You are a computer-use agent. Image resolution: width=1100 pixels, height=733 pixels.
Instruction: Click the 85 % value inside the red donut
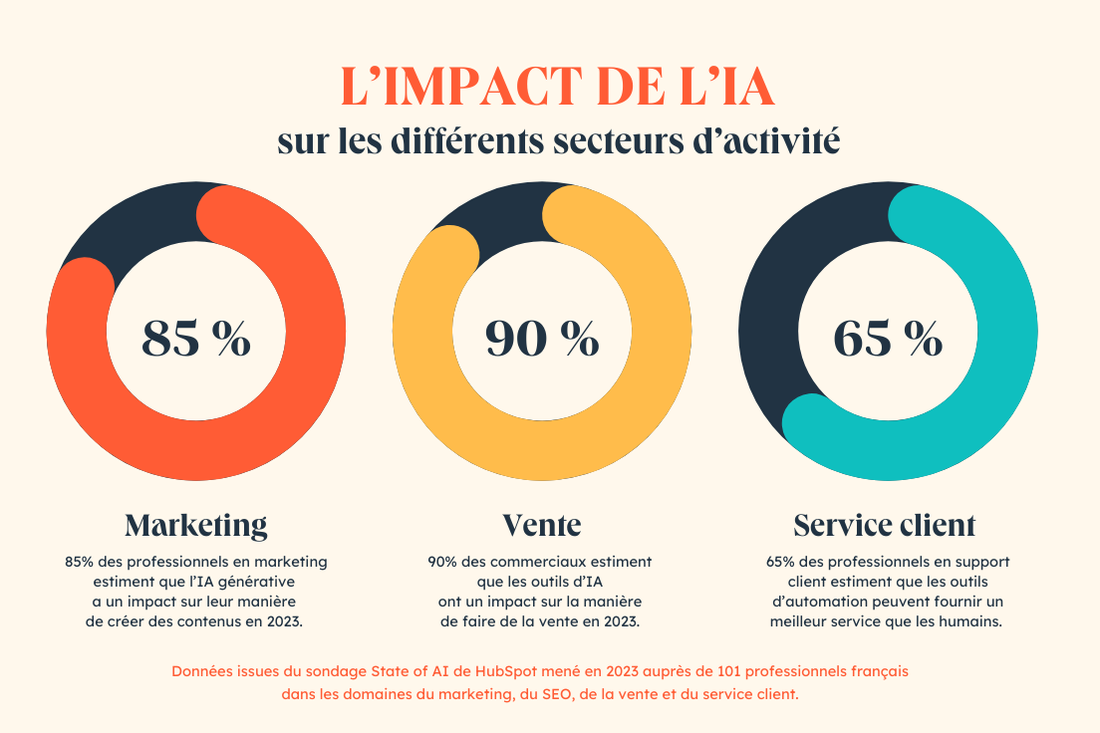pyautogui.click(x=195, y=339)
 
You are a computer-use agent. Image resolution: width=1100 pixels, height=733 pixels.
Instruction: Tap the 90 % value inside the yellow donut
pyautogui.click(x=542, y=339)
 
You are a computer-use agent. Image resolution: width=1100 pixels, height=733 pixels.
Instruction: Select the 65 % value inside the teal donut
pyautogui.click(x=888, y=339)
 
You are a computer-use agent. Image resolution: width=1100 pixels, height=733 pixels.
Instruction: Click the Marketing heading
pyautogui.click(x=195, y=524)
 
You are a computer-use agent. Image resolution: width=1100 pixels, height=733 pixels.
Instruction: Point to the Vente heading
pyautogui.click(x=542, y=524)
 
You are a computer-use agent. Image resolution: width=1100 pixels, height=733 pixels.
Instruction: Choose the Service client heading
pyautogui.click(x=885, y=524)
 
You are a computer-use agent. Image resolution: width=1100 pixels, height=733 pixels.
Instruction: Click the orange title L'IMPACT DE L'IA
pyautogui.click(x=557, y=88)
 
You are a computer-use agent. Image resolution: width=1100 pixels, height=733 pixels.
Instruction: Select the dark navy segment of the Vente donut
pyautogui.click(x=498, y=219)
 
